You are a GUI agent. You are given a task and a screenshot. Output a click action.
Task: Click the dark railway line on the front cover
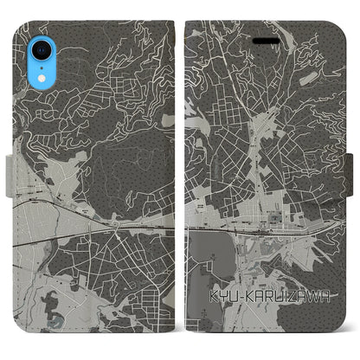[260, 231]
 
